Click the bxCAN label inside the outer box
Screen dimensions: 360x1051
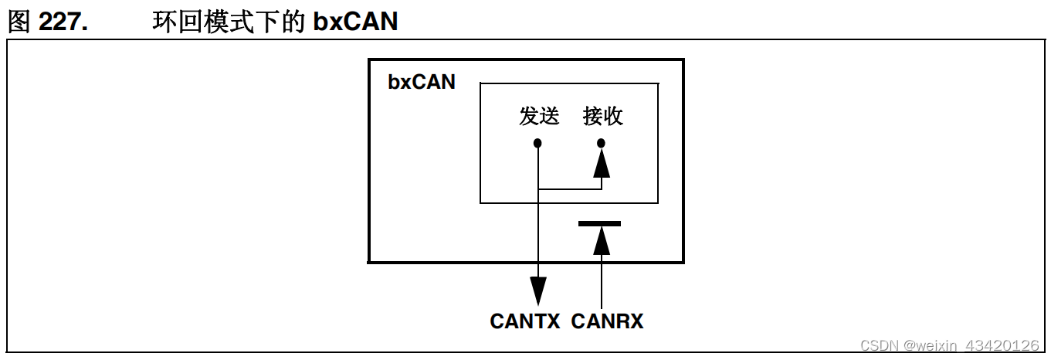coord(422,81)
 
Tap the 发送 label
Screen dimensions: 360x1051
coord(538,117)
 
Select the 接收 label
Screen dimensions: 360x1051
coord(602,117)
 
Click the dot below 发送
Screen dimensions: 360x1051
coord(538,143)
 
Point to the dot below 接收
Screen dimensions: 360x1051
coord(602,143)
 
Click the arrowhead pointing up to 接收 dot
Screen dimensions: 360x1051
coord(602,162)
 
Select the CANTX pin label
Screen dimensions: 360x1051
coord(525,321)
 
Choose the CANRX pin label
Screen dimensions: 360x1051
coord(607,321)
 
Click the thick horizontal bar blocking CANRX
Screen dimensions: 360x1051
coord(599,223)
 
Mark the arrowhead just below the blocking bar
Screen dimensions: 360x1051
coord(602,240)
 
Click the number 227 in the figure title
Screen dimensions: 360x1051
coord(63,22)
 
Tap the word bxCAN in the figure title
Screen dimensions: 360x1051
coord(355,22)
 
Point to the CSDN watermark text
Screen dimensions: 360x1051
coord(880,345)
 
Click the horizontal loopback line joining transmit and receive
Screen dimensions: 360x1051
coord(570,188)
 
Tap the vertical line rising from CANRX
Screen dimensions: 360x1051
coord(602,282)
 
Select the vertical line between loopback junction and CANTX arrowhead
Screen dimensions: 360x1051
coord(538,232)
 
